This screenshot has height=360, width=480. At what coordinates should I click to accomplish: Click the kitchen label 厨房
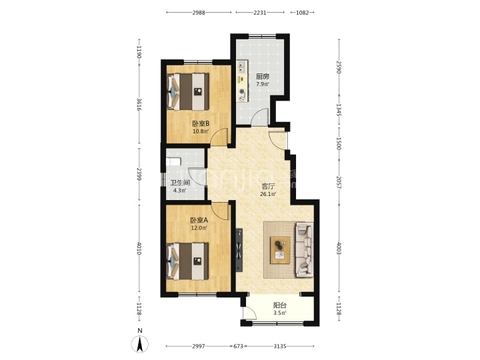click(263, 77)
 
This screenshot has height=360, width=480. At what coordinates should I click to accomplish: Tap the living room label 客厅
click(268, 186)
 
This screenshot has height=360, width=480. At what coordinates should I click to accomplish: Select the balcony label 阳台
click(280, 305)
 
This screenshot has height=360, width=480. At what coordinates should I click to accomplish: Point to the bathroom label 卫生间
click(180, 183)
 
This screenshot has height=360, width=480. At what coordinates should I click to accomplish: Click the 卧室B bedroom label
click(201, 124)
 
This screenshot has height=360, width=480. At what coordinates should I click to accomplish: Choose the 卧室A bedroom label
click(199, 220)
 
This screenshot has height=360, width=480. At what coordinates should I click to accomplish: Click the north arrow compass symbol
click(140, 343)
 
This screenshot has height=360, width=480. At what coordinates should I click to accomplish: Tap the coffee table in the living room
click(280, 250)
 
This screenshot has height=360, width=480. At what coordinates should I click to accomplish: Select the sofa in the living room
click(304, 250)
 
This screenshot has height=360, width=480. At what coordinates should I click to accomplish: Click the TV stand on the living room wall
click(239, 250)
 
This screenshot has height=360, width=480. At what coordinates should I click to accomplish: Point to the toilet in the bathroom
click(173, 161)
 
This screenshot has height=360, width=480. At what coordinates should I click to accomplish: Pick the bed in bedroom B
click(187, 91)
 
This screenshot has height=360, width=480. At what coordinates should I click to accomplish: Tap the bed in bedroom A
click(187, 261)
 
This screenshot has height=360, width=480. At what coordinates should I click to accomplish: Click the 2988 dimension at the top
click(199, 13)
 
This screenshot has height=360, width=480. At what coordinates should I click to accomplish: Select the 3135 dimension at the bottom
click(280, 346)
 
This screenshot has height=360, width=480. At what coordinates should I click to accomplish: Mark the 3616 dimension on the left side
click(139, 105)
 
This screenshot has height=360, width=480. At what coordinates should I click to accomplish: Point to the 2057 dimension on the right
click(339, 182)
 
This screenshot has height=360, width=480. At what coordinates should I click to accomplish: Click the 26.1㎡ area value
click(268, 194)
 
